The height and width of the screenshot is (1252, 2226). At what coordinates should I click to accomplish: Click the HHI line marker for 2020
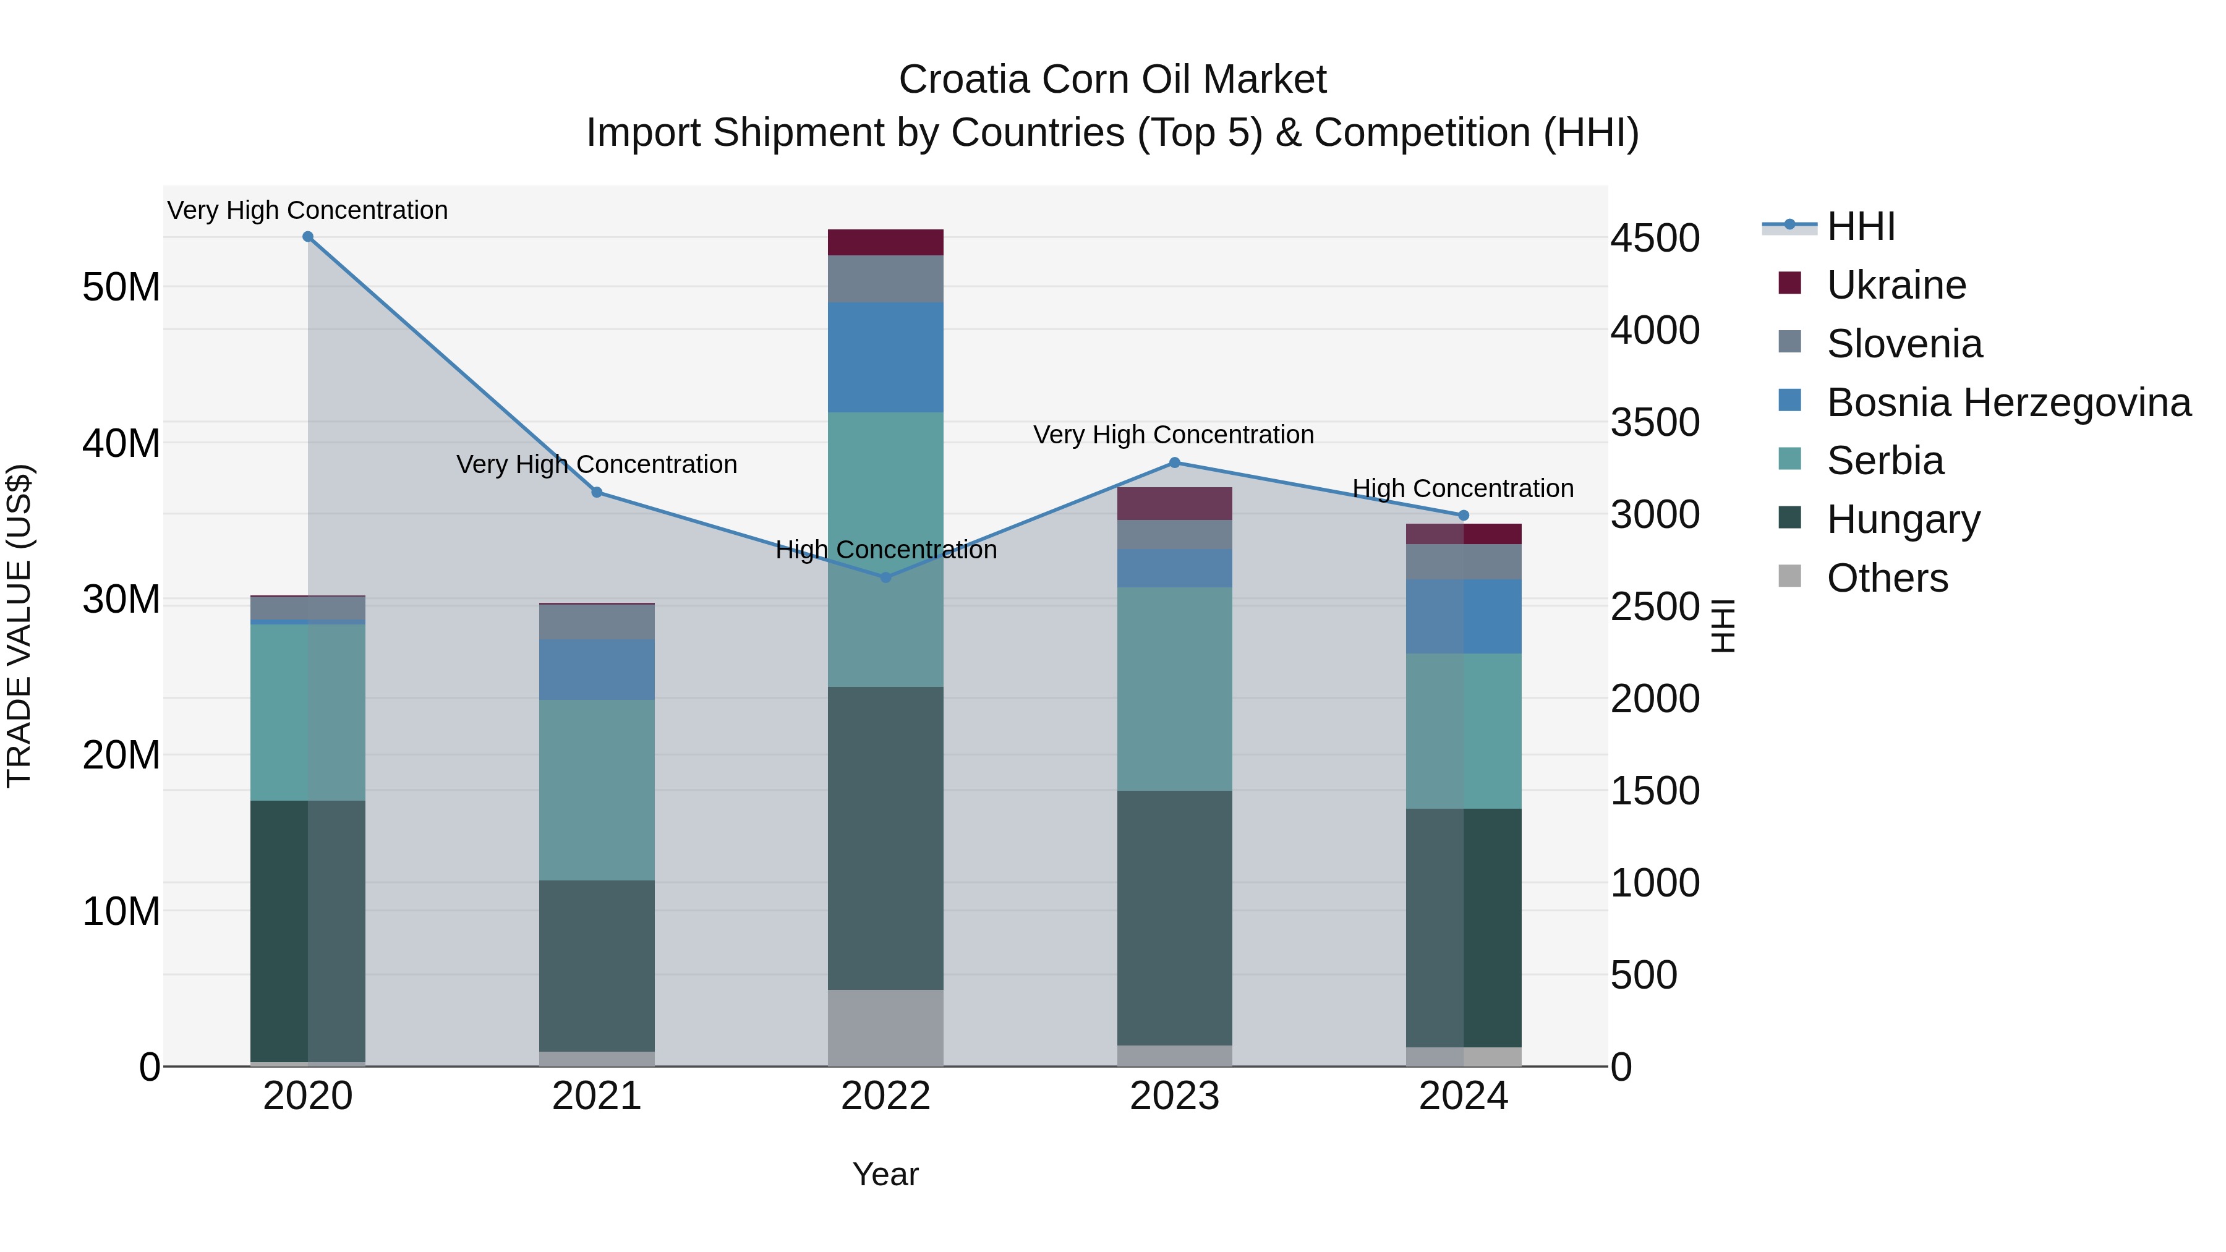click(308, 237)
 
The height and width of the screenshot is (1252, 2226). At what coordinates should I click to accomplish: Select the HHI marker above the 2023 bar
click(1174, 463)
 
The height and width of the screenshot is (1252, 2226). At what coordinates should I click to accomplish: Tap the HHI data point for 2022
click(885, 577)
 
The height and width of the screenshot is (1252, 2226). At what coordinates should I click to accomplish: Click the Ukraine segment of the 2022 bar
click(885, 243)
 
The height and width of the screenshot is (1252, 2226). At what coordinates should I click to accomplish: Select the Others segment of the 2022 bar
click(885, 1028)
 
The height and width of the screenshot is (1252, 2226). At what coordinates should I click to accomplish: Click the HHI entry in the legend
click(1861, 226)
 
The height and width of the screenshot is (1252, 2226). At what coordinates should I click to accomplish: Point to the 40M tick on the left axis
click(121, 443)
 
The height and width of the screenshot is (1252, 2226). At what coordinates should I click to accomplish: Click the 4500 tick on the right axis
click(1655, 239)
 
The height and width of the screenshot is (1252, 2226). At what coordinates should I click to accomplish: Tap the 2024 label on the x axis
click(1463, 1096)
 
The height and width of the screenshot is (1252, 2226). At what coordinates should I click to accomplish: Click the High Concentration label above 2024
click(1462, 488)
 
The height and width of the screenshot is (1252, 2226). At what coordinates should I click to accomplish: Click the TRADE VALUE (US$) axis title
click(19, 626)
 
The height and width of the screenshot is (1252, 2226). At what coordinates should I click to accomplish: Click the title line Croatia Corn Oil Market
click(1112, 80)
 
